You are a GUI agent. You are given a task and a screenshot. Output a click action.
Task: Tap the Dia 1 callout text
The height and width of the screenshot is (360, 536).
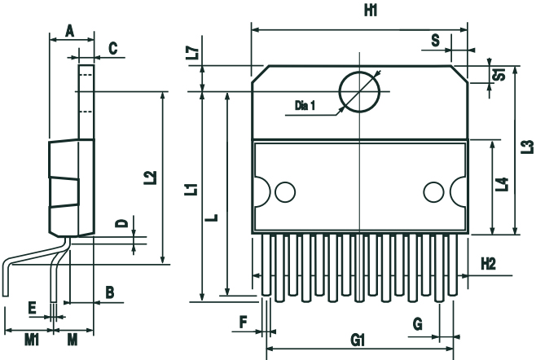click(304, 105)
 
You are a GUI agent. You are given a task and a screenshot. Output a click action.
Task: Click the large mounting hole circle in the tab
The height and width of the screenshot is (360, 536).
click(359, 90)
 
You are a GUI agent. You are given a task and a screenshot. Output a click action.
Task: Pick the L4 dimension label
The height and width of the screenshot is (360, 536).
click(503, 185)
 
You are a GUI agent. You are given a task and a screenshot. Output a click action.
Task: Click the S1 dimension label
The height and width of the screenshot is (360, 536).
click(502, 74)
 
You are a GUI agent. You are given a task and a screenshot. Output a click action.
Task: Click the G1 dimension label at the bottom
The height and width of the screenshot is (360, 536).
click(358, 340)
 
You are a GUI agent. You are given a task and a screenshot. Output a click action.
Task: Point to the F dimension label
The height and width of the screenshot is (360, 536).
click(243, 323)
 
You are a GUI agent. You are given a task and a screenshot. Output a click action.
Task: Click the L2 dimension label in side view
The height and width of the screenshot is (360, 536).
click(149, 178)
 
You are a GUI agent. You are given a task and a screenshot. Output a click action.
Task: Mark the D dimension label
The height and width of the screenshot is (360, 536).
click(120, 224)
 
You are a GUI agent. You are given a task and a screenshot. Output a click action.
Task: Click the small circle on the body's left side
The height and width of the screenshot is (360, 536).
click(284, 192)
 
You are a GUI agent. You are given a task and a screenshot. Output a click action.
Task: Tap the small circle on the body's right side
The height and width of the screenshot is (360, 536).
click(432, 192)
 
